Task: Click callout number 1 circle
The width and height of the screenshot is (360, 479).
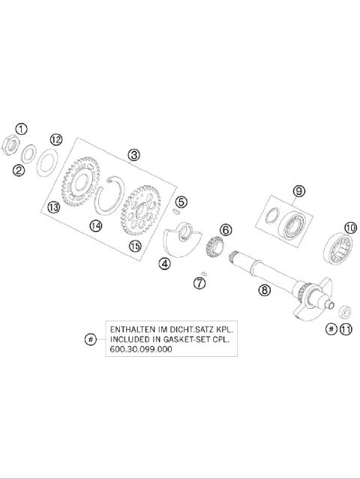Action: (x=22, y=128)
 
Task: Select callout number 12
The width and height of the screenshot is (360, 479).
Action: (x=56, y=139)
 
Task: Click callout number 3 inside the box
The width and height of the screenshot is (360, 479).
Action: (x=133, y=155)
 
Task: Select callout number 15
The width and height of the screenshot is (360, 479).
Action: (x=134, y=246)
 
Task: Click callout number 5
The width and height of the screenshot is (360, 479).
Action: (x=181, y=201)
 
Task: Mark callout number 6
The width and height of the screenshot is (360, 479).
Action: (x=226, y=230)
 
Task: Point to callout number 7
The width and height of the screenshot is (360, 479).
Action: (x=199, y=283)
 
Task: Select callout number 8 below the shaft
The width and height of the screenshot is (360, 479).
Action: (x=264, y=289)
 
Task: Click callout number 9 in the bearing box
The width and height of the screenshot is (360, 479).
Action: (x=298, y=191)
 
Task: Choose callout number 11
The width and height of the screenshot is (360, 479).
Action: (x=346, y=329)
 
